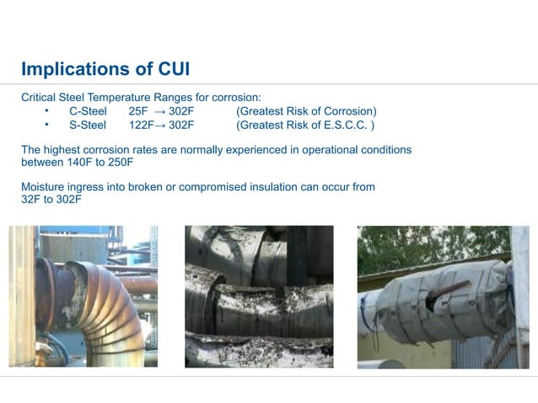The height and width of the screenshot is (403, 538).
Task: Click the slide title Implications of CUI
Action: pyautogui.click(x=111, y=67)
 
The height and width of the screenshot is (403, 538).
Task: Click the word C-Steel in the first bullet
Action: pyautogui.click(x=88, y=111)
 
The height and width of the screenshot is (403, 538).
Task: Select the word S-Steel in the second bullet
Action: pyautogui.click(x=88, y=126)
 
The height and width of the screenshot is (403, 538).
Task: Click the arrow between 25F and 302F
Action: pyautogui.click(x=159, y=111)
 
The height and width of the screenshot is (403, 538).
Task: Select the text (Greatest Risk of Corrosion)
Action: pyautogui.click(x=306, y=111)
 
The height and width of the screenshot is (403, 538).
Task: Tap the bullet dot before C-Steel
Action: pyautogui.click(x=48, y=110)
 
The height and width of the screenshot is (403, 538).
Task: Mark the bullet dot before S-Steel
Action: pyautogui.click(x=48, y=125)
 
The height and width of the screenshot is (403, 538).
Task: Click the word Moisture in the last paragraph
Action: pyautogui.click(x=45, y=186)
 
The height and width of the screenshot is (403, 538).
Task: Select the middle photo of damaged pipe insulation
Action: pyautogui.click(x=258, y=296)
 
